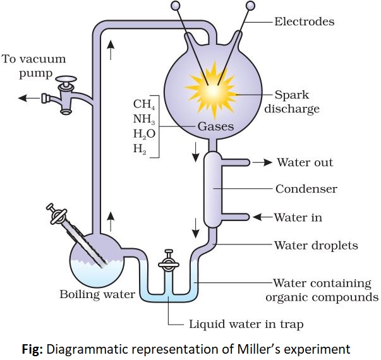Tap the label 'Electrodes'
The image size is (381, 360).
tap(304, 21)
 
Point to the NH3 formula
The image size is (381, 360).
tap(144, 119)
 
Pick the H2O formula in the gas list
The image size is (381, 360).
tap(144, 133)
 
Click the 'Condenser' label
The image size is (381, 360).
tap(306, 189)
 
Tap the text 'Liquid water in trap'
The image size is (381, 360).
tap(246, 325)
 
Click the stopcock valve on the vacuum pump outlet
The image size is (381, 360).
tap(64, 95)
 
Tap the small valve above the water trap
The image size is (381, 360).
tap(168, 259)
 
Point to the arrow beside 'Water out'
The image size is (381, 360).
tap(262, 162)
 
